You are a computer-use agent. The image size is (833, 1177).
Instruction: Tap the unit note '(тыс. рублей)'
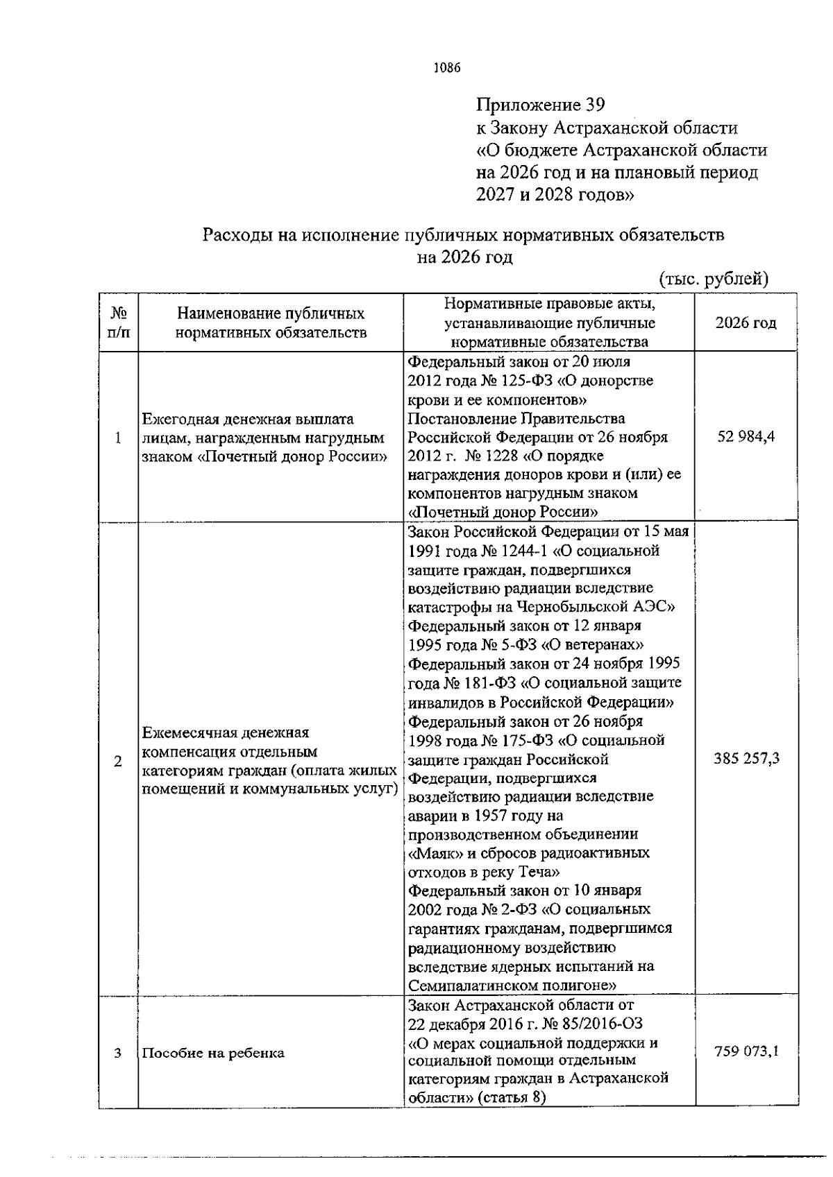click(x=713, y=278)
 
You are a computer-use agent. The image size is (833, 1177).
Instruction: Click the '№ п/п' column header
click(x=118, y=323)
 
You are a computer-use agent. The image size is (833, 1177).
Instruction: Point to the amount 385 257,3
click(x=746, y=758)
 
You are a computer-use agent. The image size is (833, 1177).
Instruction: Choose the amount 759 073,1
click(x=746, y=1051)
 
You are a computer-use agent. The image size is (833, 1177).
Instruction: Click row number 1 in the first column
click(x=118, y=438)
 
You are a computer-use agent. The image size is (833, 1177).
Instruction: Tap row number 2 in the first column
click(x=118, y=762)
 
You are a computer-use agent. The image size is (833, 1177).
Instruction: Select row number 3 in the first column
click(x=118, y=1053)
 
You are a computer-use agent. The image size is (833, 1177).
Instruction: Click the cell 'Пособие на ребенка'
click(x=213, y=1053)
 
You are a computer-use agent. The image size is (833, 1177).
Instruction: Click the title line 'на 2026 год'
click(x=464, y=258)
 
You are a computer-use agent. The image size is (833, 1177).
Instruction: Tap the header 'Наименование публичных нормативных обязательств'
click(x=271, y=323)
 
